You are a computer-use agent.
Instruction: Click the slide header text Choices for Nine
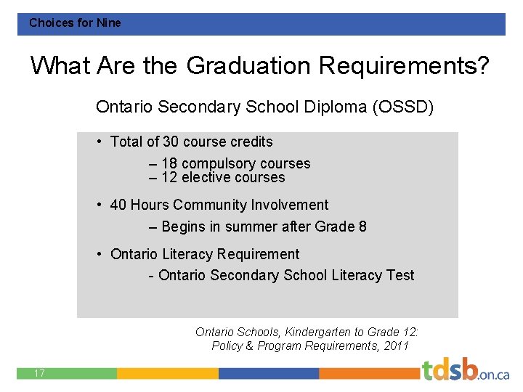pos(75,23)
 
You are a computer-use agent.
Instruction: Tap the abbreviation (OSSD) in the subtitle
pos(403,107)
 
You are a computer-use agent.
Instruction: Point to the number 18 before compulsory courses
pos(169,163)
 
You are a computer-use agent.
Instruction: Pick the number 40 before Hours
pos(118,205)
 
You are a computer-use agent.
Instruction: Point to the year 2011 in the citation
pos(396,346)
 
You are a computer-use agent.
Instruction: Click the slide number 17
pos(39,373)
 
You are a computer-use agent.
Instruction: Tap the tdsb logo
pos(465,370)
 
